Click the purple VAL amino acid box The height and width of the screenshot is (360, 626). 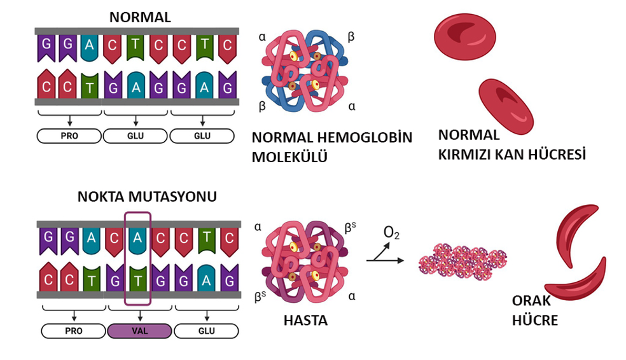point(140,331)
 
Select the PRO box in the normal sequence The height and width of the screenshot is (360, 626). point(69,135)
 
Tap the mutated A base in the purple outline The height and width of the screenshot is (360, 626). point(137,239)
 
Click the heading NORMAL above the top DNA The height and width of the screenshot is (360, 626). point(140,18)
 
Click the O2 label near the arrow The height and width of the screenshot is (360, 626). point(391,233)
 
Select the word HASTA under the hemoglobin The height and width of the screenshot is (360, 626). point(305,321)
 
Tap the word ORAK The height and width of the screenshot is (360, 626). point(531,301)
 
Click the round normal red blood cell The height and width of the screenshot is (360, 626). point(464,37)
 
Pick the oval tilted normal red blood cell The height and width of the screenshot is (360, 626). point(506,106)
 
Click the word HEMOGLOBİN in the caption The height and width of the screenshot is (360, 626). point(365,137)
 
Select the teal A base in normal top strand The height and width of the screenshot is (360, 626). point(89,47)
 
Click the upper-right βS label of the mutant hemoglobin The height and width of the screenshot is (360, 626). point(350,228)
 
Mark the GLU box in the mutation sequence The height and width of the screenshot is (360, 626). point(206,331)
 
